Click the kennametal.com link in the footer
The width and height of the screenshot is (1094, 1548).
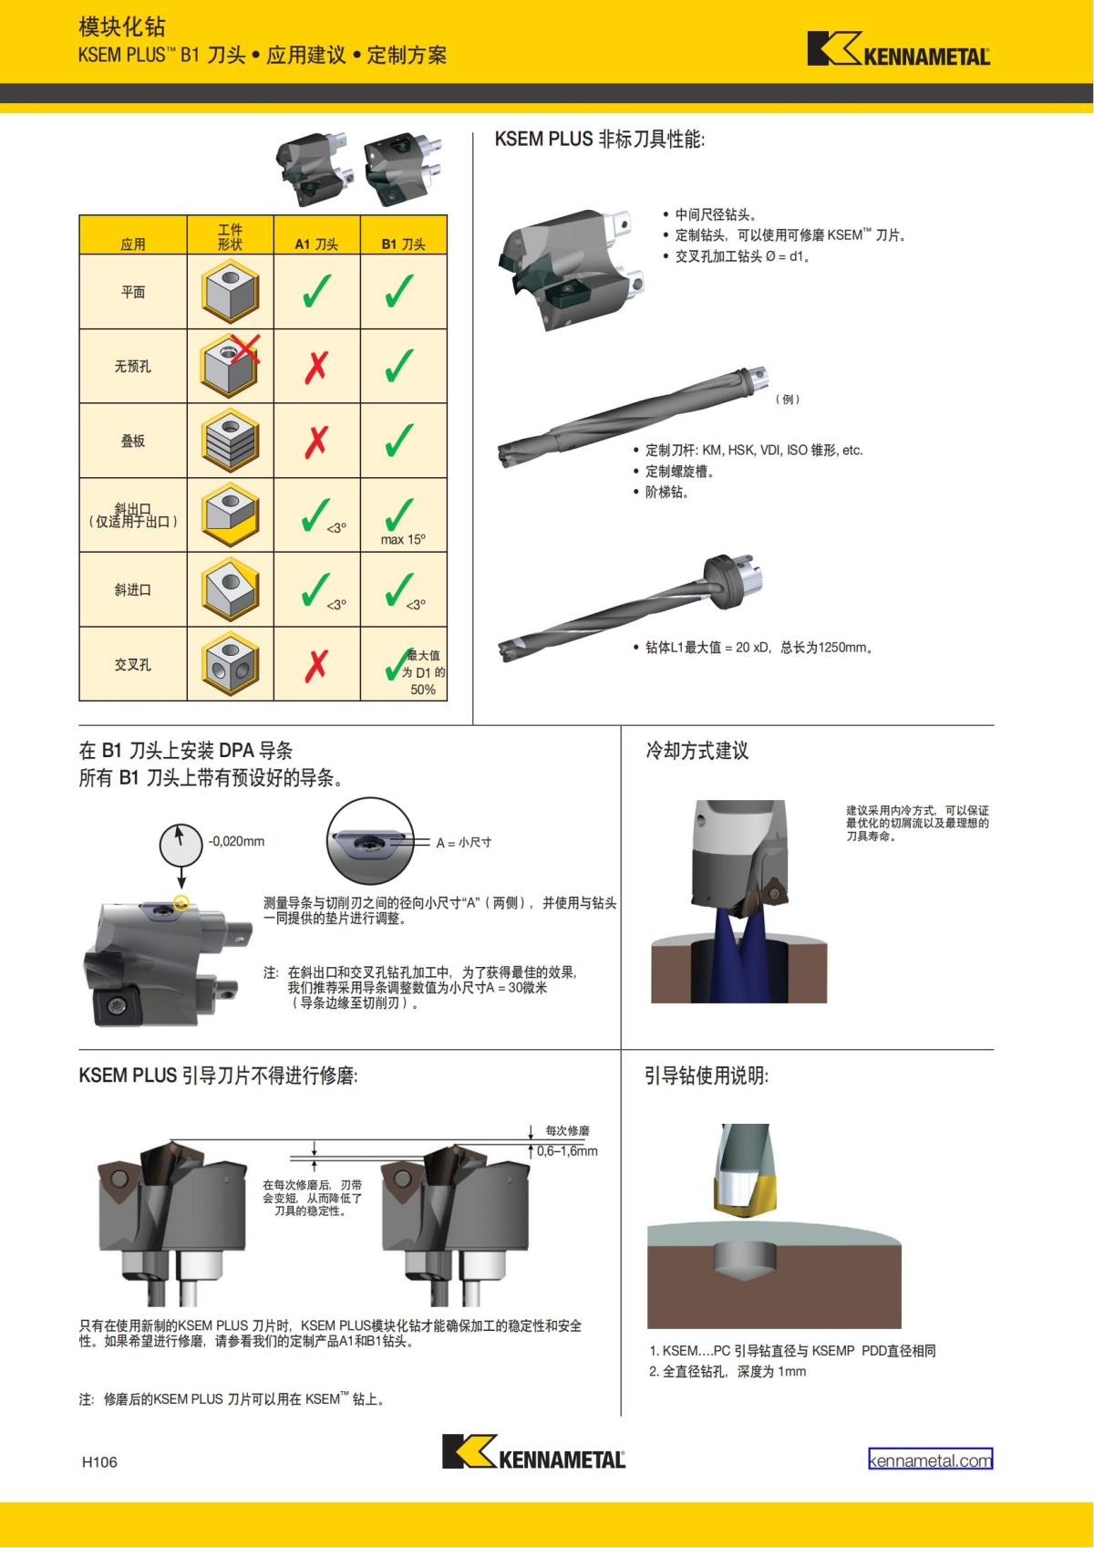pos(930,1460)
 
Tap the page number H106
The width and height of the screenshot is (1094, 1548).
pos(99,1461)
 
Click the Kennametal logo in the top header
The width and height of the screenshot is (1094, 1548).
pos(899,48)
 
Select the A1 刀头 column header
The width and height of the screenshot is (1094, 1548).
pos(316,244)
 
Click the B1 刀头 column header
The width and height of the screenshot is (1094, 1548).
pos(403,244)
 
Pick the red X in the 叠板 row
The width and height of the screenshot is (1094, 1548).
pos(316,442)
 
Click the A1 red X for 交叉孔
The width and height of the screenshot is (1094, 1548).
pos(316,665)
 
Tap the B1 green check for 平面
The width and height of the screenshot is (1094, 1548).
pos(400,290)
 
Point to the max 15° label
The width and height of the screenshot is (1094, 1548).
pos(403,540)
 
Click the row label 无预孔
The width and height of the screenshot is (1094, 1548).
pos(132,367)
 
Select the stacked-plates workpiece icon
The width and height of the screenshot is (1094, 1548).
pos(231,441)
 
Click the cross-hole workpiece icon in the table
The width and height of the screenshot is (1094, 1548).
pos(231,663)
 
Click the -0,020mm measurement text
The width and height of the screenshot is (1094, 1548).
pos(236,842)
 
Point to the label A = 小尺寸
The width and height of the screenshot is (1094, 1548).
pos(463,843)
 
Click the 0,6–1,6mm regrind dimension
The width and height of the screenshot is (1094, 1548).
pos(567,1151)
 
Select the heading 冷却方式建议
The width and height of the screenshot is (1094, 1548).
pos(697,751)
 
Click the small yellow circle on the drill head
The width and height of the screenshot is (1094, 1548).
pos(181,902)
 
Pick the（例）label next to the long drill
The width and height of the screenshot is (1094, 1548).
pos(788,399)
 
